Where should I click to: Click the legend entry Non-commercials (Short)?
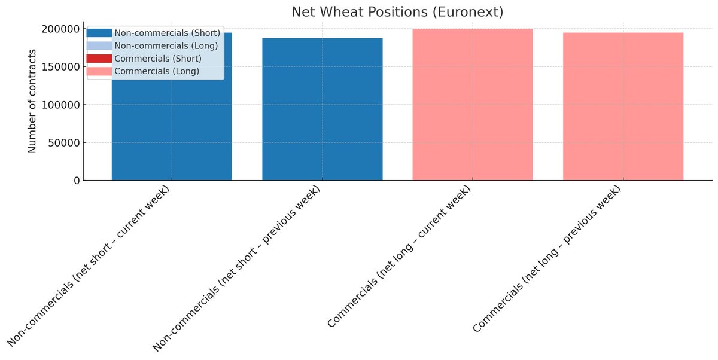coord(167,33)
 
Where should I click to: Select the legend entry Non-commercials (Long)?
coord(166,45)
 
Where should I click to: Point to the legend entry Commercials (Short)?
coord(157,59)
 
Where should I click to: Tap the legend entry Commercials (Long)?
coord(157,72)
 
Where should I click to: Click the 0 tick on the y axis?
coord(76,181)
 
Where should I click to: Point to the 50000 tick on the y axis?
coord(61,143)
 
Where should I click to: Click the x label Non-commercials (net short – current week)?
coord(90,266)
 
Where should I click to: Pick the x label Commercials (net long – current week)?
coord(399,257)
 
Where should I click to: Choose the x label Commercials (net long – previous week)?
coord(547,260)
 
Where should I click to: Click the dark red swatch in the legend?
coord(99,59)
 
